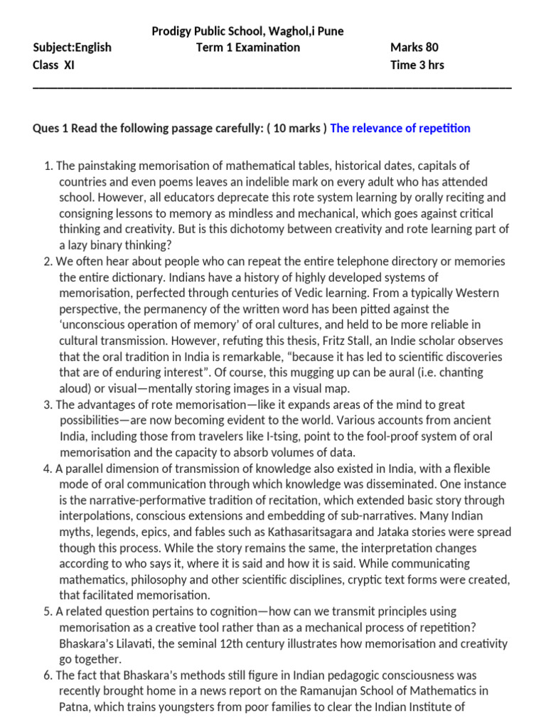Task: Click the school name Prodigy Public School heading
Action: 248,31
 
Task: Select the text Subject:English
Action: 73,48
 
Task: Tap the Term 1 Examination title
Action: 248,48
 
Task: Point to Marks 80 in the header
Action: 414,48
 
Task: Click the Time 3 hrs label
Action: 417,65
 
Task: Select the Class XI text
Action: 53,65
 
